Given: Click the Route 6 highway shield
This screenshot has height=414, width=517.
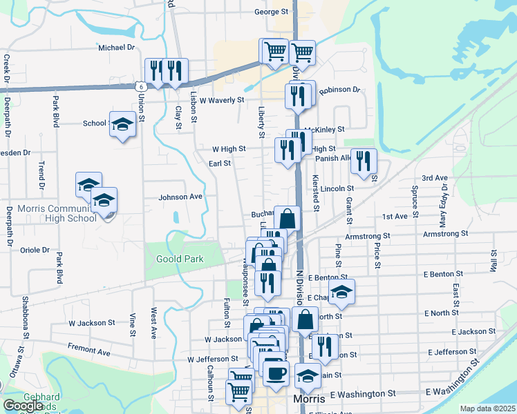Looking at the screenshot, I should [x=140, y=86].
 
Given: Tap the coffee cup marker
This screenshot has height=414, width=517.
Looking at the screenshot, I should [x=276, y=373].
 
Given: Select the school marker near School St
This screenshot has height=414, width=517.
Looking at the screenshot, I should [x=122, y=124].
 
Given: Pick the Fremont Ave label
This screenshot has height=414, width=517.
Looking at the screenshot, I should [x=88, y=351].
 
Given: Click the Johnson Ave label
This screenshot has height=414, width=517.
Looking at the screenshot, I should [x=180, y=197].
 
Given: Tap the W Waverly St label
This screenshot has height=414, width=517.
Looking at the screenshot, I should [x=222, y=100].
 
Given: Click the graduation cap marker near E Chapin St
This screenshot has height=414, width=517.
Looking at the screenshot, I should [x=341, y=293].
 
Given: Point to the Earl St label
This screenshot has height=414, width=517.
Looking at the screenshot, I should [x=219, y=164].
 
